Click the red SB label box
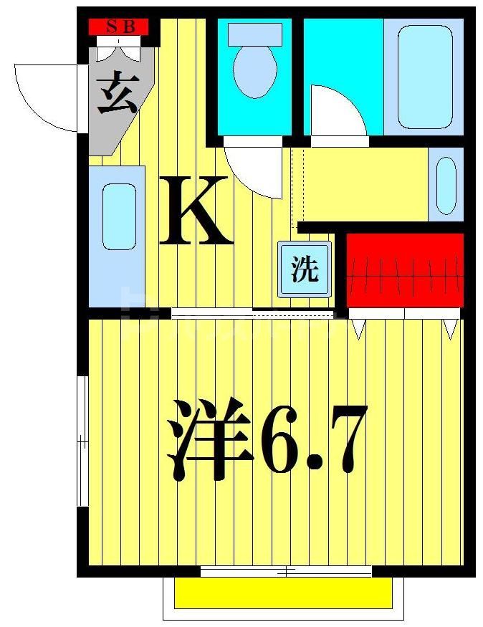click(x=118, y=27)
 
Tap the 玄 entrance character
click(x=117, y=95)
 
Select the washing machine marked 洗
click(x=305, y=270)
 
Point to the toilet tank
click(x=254, y=34)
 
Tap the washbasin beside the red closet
click(x=446, y=186)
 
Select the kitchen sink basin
click(x=119, y=216)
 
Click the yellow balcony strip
click(x=284, y=593)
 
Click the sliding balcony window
click(x=286, y=571)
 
